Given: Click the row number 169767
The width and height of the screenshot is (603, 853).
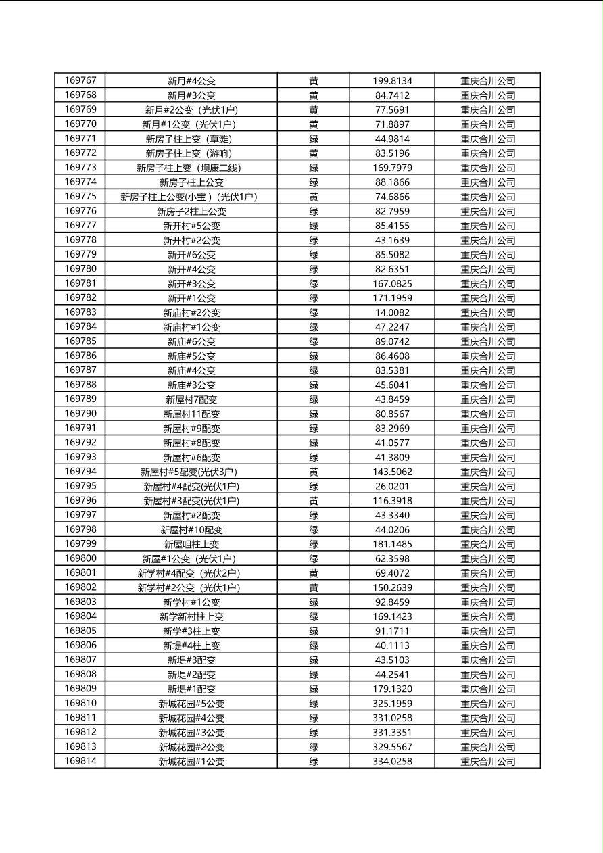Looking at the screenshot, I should point(80,80).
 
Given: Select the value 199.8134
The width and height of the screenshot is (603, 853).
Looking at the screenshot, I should point(392,81).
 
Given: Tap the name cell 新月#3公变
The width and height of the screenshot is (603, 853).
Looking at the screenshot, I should point(191,95).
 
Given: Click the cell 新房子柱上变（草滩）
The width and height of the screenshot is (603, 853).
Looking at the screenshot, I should point(191,139).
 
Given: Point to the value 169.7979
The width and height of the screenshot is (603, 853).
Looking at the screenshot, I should point(392,168).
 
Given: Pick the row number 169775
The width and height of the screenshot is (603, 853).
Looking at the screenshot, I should point(80,197).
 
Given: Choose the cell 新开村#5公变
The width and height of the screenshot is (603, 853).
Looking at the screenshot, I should point(191,226).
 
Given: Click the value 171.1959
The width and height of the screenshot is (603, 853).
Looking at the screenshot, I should point(392,298).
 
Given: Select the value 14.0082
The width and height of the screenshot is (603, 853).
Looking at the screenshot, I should point(392,312).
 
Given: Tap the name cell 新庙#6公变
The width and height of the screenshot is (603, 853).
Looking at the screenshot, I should point(191,341).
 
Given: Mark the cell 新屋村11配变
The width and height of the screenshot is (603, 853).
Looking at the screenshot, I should point(191,414).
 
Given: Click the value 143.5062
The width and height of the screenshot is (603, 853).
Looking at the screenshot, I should point(392,472).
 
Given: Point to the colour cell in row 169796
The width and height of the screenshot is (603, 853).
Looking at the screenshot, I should point(314,501).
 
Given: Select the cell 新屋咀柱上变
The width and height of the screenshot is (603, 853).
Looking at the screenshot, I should point(191,544).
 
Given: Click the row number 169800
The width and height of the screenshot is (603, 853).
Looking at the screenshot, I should point(80,558).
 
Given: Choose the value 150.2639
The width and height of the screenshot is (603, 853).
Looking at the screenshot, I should point(392,587).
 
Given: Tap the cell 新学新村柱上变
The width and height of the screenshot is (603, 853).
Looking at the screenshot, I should point(191,616).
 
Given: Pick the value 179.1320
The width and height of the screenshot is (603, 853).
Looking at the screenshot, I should point(392,689).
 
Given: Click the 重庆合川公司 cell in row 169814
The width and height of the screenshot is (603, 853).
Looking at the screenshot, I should point(487,762).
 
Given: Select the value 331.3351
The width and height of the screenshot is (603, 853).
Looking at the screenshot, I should point(392,732).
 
